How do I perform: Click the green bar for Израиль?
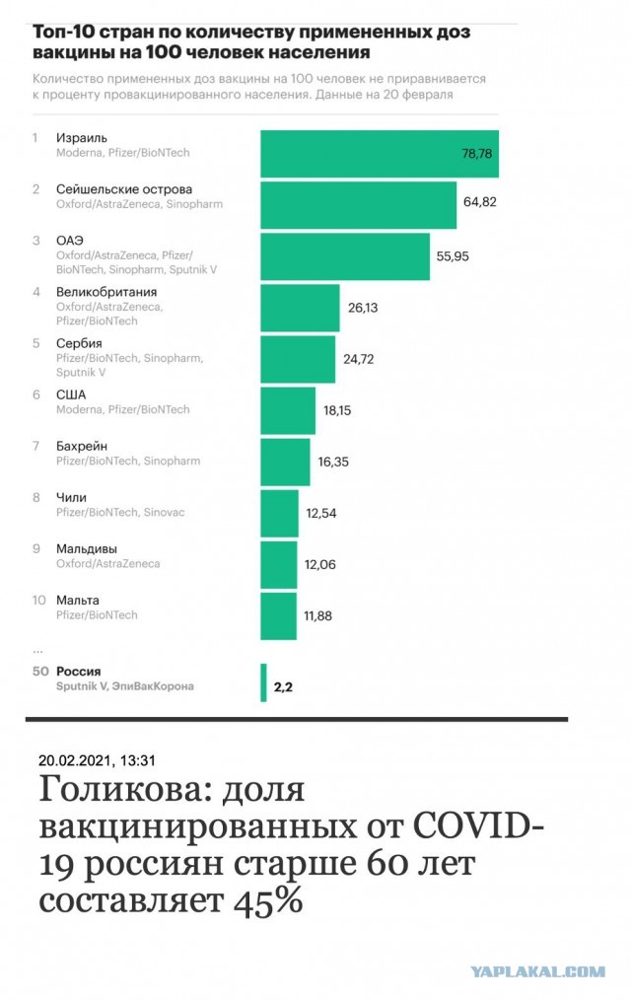point(379,154)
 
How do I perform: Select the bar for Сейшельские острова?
point(358,205)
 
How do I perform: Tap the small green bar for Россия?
point(263,682)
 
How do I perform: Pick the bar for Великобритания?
point(300,308)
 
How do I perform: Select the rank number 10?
point(39,600)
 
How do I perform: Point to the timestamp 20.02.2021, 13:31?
point(98,760)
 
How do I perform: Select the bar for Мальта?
point(278,615)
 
